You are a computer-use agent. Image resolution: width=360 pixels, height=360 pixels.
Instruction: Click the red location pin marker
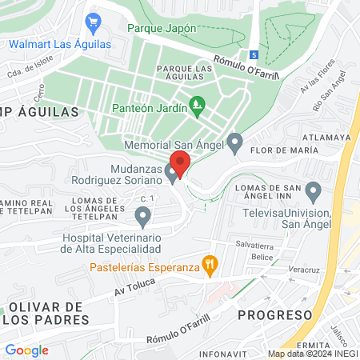tap(180, 164)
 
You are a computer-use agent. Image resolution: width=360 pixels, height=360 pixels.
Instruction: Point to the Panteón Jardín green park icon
tap(198, 105)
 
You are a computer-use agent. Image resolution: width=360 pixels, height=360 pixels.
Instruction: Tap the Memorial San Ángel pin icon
tap(234, 144)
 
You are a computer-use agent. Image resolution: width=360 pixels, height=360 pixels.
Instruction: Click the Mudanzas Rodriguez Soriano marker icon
tap(171, 174)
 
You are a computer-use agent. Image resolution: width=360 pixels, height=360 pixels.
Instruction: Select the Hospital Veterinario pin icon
tap(143, 214)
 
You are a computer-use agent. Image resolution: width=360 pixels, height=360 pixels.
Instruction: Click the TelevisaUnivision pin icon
tap(314, 192)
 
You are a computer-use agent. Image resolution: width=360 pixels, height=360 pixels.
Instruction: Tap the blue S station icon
tap(254, 55)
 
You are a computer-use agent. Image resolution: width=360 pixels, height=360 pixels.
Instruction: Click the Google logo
tap(26, 350)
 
